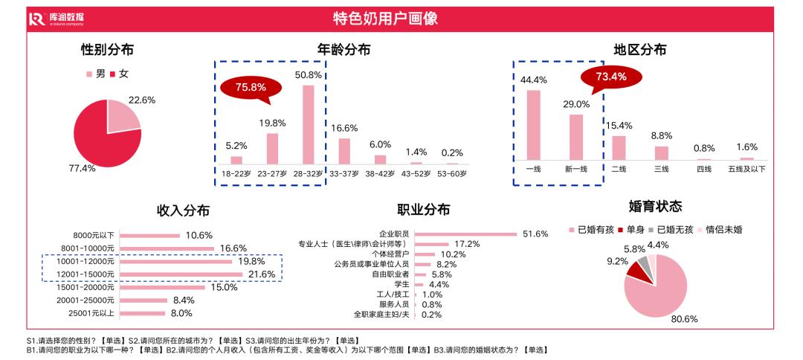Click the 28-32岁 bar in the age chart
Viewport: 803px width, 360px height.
[x=308, y=124]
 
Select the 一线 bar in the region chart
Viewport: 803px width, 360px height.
[x=533, y=125]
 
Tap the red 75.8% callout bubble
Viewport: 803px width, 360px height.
[x=251, y=87]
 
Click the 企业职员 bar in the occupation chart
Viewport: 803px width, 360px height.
[x=465, y=234]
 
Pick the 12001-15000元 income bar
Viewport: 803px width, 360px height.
[x=181, y=274]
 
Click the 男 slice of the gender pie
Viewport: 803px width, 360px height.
[x=122, y=116]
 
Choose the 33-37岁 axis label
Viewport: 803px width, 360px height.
[x=344, y=173]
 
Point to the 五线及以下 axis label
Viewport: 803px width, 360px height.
[x=747, y=169]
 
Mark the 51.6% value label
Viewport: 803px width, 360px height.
[x=535, y=234]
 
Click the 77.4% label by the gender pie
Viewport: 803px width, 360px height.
[x=82, y=168]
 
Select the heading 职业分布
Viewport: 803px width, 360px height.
[x=424, y=210]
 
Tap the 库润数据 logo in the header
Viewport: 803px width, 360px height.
[x=56, y=19]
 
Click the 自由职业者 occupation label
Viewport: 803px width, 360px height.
[x=390, y=274]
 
